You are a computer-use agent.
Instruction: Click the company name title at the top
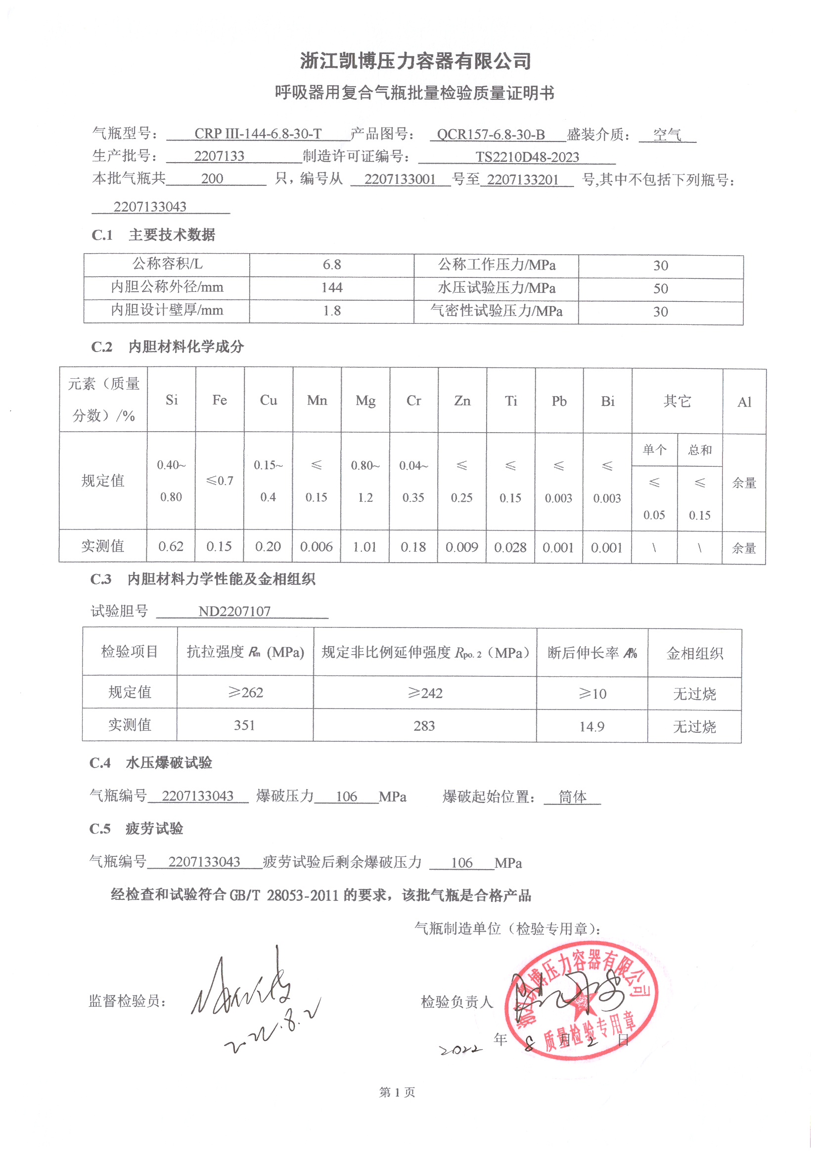(415, 61)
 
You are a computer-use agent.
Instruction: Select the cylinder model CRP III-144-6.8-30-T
(258, 134)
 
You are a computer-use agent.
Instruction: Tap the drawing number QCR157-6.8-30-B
(491, 134)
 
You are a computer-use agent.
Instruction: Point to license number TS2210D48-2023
(527, 157)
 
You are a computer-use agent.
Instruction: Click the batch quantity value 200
(212, 178)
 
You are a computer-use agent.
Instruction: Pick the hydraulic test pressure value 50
(660, 288)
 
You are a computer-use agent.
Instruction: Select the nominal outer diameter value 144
(332, 287)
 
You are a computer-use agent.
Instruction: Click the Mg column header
(365, 401)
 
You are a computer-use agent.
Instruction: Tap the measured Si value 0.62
(171, 546)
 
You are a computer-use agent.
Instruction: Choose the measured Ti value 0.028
(510, 547)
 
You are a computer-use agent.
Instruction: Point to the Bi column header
(607, 401)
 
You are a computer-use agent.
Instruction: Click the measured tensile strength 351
(244, 725)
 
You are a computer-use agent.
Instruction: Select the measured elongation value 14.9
(591, 726)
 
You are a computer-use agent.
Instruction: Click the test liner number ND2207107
(234, 611)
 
